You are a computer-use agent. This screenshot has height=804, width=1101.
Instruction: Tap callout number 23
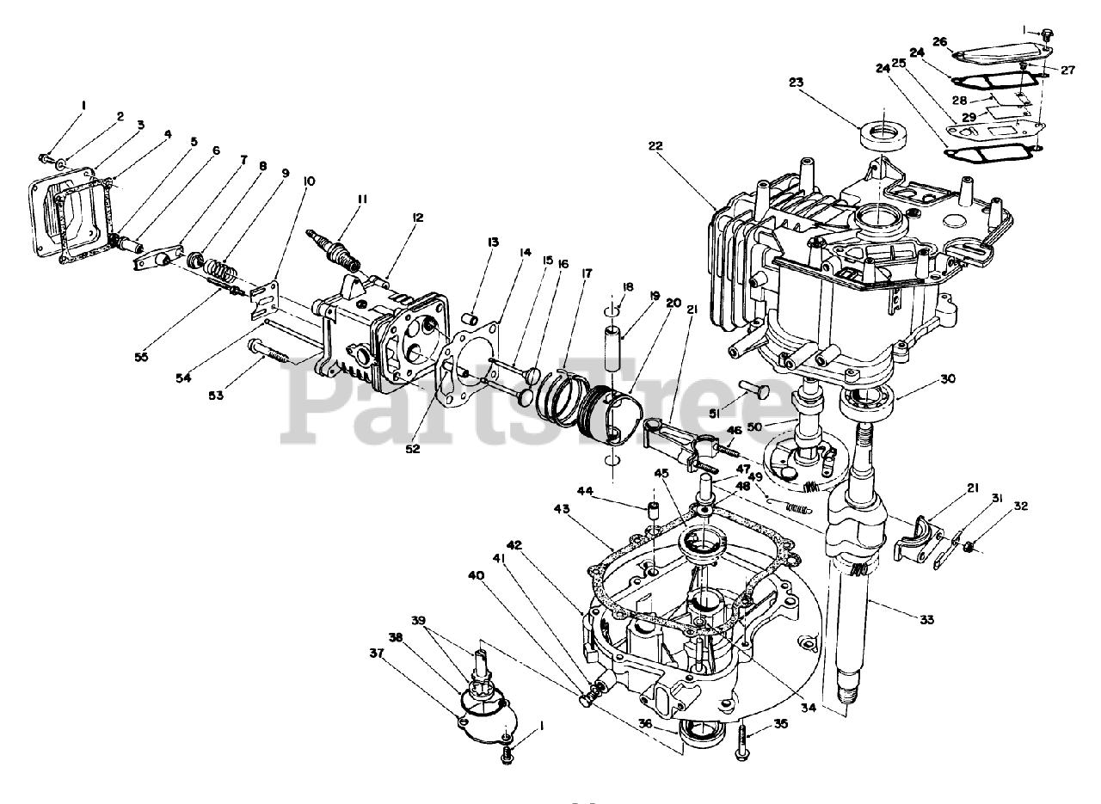[x=795, y=83]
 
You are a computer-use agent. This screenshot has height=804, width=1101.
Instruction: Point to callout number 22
[x=655, y=146]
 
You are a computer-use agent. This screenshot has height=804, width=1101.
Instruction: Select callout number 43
[x=561, y=509]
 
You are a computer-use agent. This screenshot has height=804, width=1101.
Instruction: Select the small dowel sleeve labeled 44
[x=653, y=514]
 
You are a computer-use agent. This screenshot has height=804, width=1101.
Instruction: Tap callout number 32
[x=1020, y=506]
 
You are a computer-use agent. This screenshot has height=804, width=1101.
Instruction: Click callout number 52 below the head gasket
[x=413, y=448]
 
